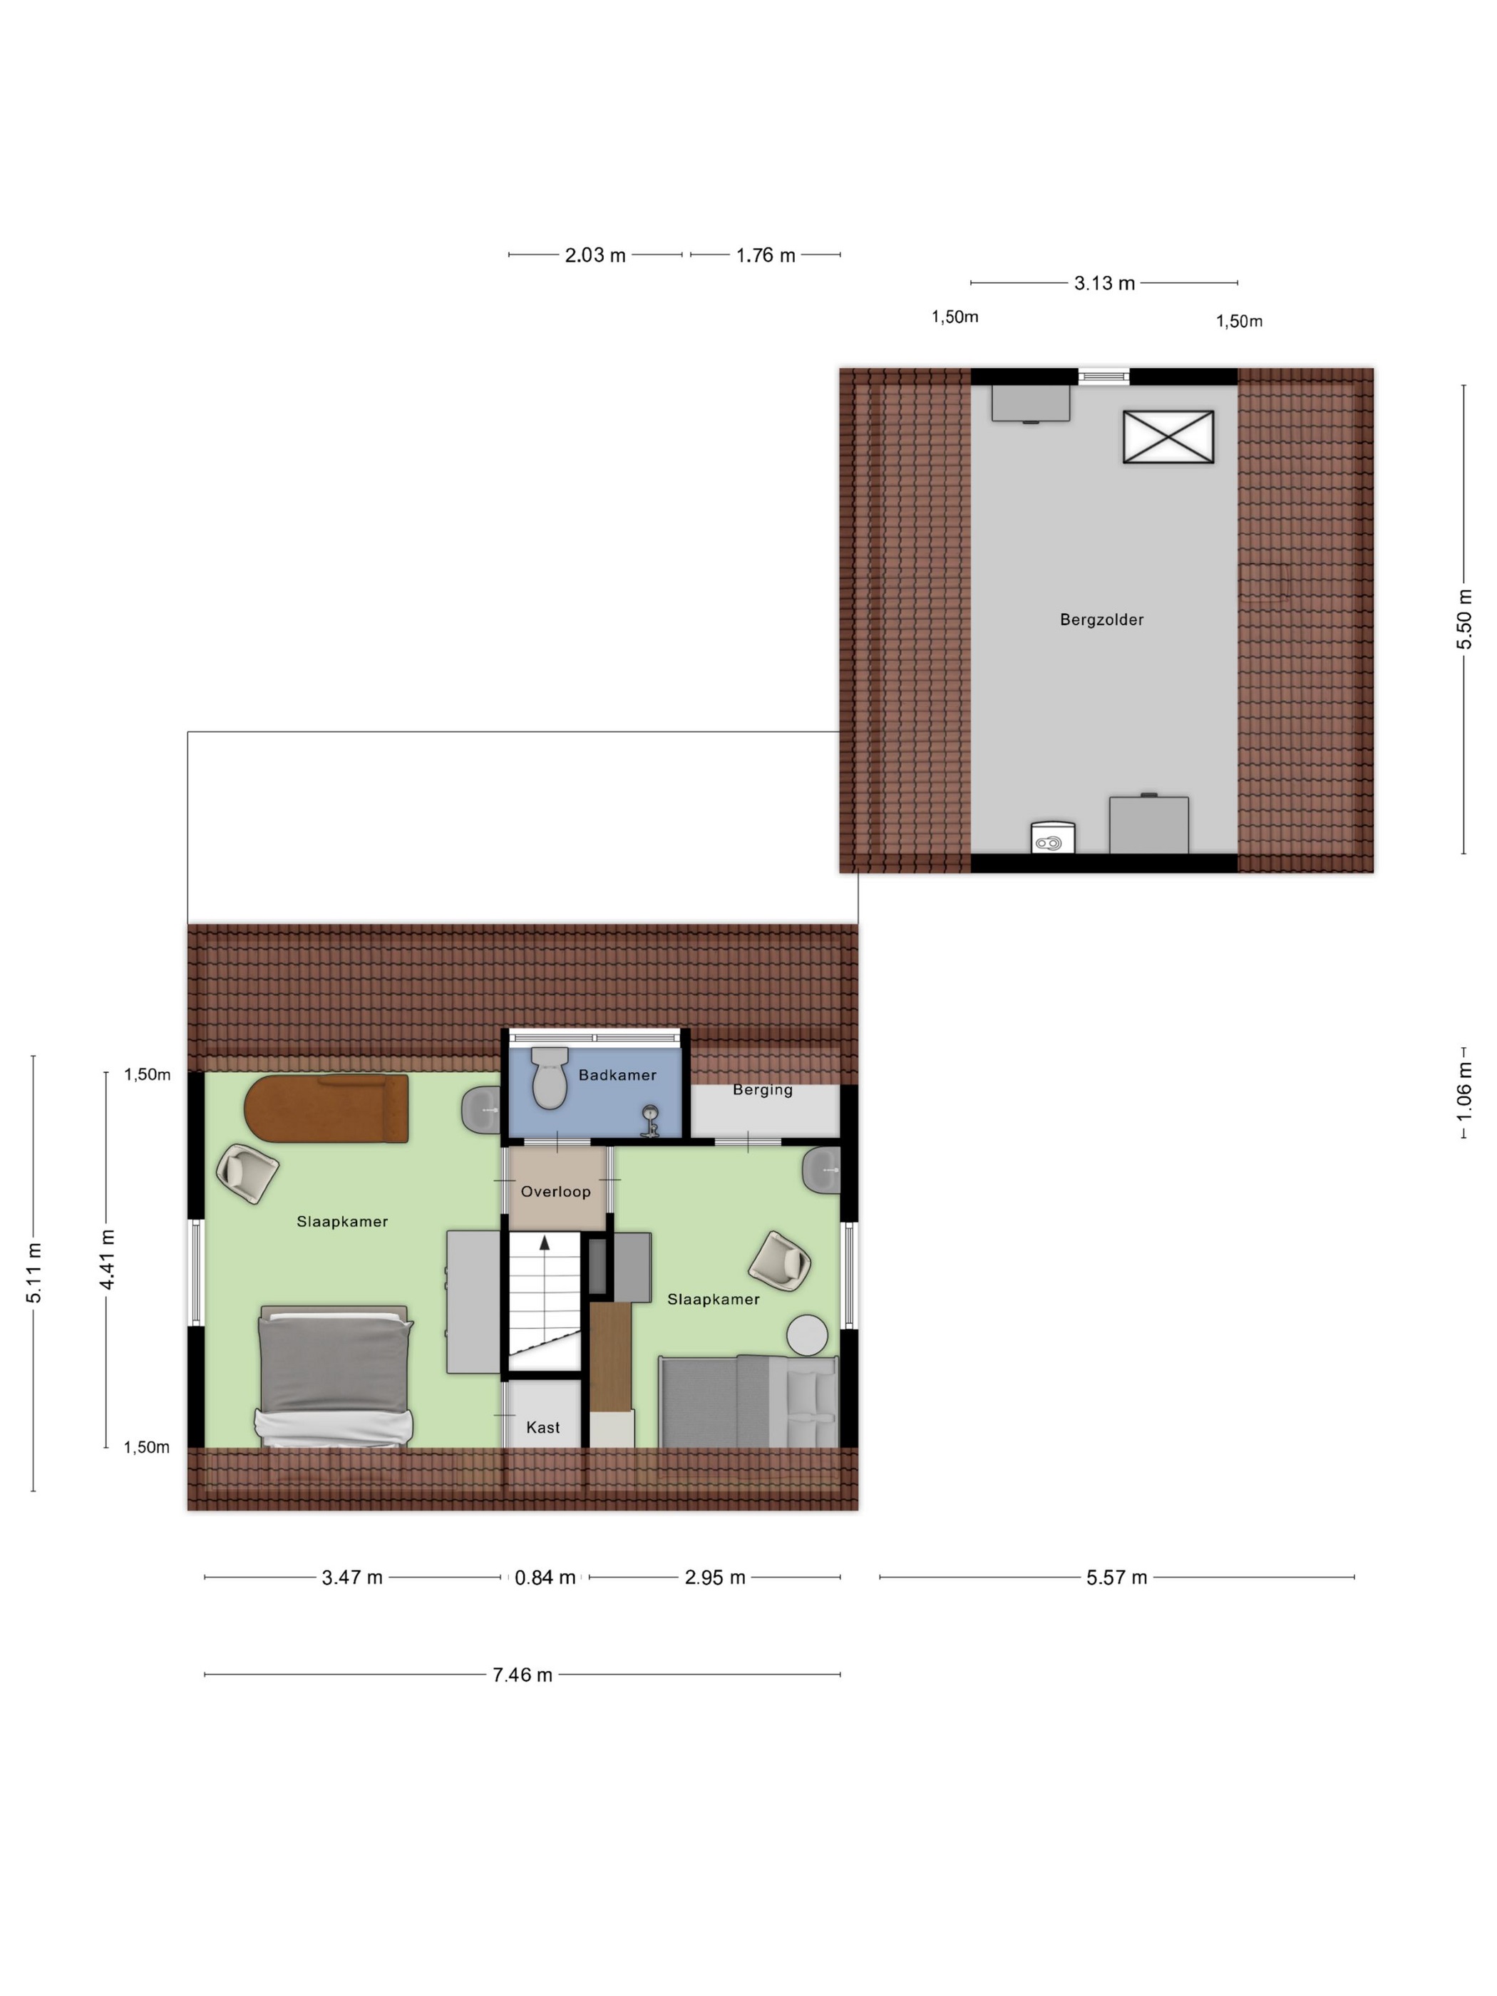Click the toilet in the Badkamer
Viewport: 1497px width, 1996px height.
click(549, 1076)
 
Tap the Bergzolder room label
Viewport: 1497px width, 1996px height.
click(1101, 619)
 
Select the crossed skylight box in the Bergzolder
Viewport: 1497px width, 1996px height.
click(1168, 437)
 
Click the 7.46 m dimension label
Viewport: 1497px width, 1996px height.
click(522, 1674)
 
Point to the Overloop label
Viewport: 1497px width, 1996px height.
click(555, 1191)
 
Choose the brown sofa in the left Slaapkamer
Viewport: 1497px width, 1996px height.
click(326, 1107)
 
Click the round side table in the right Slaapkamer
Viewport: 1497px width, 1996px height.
click(806, 1334)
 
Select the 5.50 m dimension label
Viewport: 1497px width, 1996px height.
click(1463, 618)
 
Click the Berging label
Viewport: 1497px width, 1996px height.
click(763, 1089)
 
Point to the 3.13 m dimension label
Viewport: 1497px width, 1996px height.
click(1104, 282)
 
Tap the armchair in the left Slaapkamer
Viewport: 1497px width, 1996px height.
click(247, 1173)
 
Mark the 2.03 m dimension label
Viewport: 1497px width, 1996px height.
click(595, 254)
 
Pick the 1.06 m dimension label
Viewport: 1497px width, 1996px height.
click(1463, 1092)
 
